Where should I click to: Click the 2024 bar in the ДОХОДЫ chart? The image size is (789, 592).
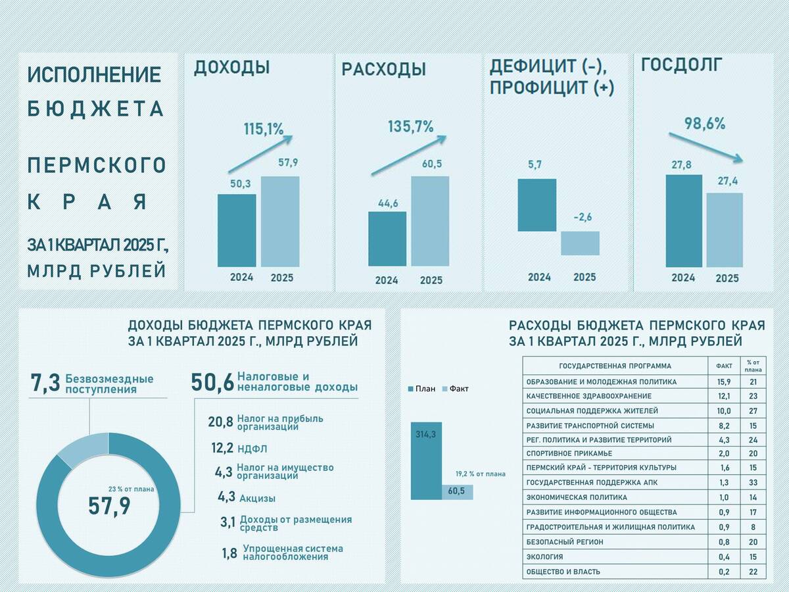point(237,230)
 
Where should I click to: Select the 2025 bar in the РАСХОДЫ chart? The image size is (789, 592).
point(431,221)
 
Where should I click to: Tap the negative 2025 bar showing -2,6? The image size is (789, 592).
point(580,243)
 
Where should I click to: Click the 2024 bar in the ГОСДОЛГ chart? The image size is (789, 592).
point(684,220)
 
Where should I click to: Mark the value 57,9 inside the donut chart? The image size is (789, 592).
point(109,506)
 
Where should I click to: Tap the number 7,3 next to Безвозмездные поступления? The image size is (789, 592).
point(45,383)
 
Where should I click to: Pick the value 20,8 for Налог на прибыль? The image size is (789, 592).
point(221,422)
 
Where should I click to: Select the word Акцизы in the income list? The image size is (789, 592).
point(257,499)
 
